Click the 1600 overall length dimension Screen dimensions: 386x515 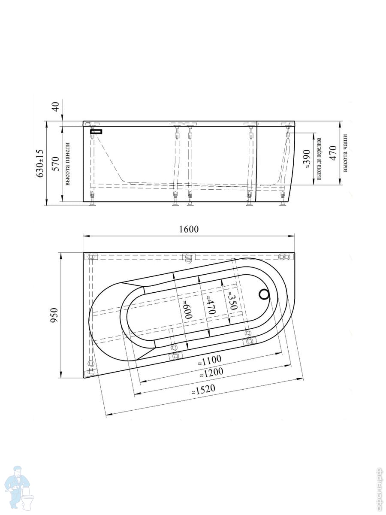[189, 229]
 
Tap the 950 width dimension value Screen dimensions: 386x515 [54, 315]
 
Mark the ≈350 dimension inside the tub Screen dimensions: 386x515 [233, 300]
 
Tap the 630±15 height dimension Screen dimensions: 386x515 [40, 163]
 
